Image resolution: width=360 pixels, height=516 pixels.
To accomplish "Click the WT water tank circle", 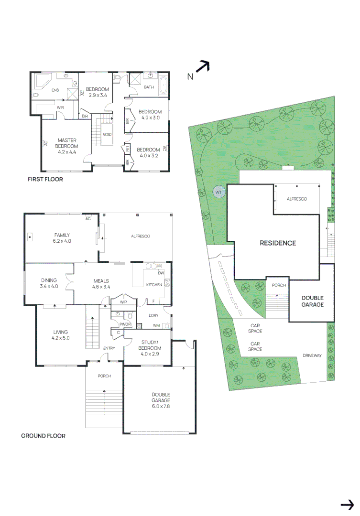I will pos(218,193).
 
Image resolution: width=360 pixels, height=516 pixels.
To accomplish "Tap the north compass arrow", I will pos(203,67).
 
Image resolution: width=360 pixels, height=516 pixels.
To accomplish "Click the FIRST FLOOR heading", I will pos(45,180).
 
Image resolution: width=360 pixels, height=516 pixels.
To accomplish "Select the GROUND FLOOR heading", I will pos(43,436).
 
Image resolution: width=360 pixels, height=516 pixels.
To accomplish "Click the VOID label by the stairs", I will pos(107,134).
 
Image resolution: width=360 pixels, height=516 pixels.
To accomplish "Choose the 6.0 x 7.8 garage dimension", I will pos(158,407).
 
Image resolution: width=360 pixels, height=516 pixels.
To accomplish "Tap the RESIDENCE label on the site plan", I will pos(277,243).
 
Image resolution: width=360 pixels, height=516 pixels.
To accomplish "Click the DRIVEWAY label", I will pos(312,355).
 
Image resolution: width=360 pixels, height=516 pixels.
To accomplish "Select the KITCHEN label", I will pos(154,285).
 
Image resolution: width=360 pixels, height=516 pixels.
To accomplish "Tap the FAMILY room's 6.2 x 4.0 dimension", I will pos(62,241).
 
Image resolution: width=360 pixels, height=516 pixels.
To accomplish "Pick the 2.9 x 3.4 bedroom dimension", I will pos(98,96).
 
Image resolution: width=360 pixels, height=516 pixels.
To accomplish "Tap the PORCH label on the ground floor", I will pos(104,376).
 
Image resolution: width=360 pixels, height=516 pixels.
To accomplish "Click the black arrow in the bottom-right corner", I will pos(347,505).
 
